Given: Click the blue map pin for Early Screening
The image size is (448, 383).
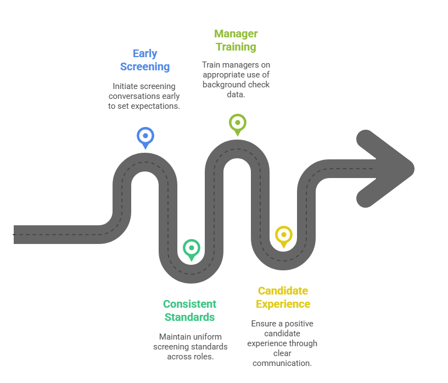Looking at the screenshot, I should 145,136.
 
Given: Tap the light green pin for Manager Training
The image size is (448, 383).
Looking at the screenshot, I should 238,123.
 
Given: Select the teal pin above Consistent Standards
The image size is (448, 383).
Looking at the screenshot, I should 191,248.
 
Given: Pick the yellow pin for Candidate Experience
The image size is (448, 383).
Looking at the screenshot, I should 283,236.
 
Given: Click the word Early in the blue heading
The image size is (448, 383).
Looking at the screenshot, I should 145,53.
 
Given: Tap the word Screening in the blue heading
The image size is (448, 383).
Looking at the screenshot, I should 145,67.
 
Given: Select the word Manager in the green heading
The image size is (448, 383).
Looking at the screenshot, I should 236,34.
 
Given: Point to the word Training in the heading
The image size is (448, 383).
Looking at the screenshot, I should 236,47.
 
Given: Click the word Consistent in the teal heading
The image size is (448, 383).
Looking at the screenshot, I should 189,304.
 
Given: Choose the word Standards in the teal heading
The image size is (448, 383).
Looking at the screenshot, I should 189,317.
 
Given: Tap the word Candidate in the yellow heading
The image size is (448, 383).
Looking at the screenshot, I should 283,291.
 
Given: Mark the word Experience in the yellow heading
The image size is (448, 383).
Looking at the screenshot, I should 283,304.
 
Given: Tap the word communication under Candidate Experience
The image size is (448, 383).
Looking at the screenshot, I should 282,363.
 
